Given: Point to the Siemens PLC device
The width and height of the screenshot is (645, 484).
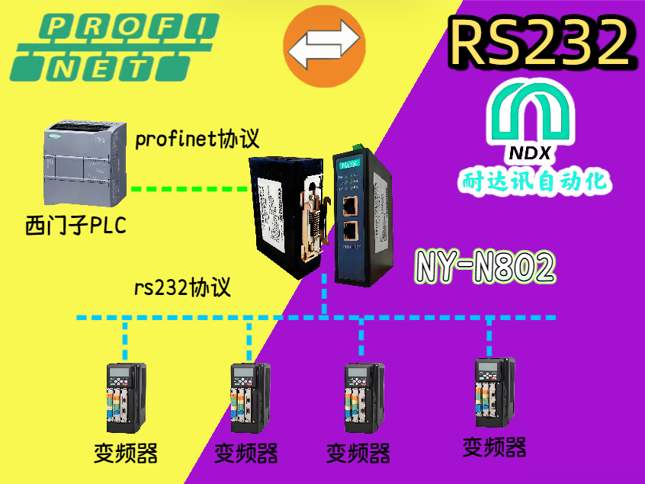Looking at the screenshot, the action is tap(82, 164).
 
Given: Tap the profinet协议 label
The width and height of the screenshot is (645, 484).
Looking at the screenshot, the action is tap(197, 139).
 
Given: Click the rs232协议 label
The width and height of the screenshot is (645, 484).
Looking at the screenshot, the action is tap(183, 288).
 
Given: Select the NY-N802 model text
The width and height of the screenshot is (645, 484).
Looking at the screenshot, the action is tap(486, 265).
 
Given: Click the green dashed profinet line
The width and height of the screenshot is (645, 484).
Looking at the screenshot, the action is tap(190, 188).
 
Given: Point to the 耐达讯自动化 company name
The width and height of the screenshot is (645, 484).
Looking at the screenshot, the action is tap(534, 181).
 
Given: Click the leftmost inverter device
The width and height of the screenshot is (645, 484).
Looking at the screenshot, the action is tap(124, 397).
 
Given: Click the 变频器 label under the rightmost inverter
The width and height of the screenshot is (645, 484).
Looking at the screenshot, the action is tap(494, 447).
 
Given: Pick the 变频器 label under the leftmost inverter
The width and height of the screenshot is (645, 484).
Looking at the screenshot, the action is tap(126, 453).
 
